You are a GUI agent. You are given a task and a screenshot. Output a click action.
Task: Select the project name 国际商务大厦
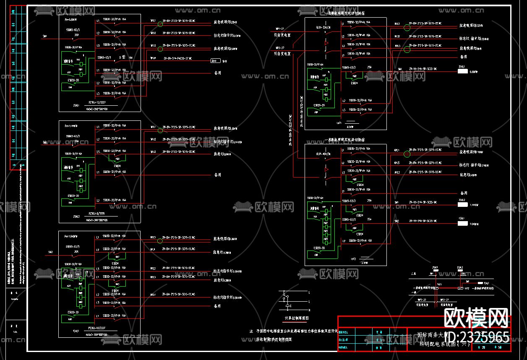tap(435, 335)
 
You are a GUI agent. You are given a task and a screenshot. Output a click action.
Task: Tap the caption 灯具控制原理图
tap(297, 318)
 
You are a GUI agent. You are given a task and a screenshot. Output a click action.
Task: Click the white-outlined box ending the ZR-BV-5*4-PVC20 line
tap(215, 60)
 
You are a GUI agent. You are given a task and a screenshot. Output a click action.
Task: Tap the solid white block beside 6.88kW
tap(462, 71)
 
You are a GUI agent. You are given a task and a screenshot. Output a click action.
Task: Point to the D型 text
tap(122, 57)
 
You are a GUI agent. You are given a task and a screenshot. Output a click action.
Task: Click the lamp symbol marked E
tap(285, 299)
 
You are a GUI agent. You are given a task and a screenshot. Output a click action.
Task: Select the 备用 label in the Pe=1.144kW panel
tap(217, 175)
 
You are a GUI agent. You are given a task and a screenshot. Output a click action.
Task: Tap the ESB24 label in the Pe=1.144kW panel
tap(117, 165)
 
